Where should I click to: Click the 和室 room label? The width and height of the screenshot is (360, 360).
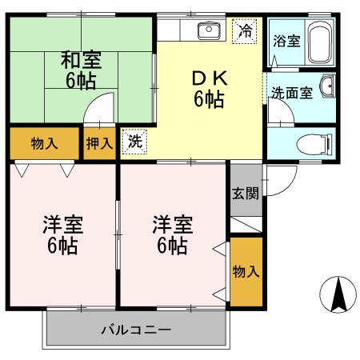[x=81, y=60]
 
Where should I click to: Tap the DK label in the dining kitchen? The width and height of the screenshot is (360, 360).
[x=210, y=78]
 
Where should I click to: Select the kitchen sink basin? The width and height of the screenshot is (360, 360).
[x=209, y=30]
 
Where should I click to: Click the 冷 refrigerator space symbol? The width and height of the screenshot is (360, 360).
[x=245, y=31]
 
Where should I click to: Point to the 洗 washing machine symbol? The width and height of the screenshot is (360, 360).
[x=134, y=142]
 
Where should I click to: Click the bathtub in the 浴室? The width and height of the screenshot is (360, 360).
[x=320, y=42]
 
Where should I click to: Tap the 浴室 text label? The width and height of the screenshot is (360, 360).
[x=286, y=41]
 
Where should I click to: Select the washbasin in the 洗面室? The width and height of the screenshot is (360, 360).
[x=328, y=86]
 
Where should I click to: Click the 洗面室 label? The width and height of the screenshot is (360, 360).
[x=292, y=93]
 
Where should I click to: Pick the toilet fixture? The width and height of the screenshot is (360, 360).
[x=314, y=144]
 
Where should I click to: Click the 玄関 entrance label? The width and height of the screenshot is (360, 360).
[x=246, y=193]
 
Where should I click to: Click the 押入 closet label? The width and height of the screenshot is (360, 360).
[x=99, y=143]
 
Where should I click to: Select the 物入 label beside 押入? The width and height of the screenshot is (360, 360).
[x=44, y=143]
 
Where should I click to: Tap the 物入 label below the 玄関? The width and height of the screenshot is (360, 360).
[x=246, y=272]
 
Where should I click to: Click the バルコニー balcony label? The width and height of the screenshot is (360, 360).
[x=136, y=330]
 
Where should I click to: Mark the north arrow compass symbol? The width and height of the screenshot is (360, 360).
[x=338, y=294]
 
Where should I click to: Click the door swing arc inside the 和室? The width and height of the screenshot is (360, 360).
[x=94, y=100]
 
